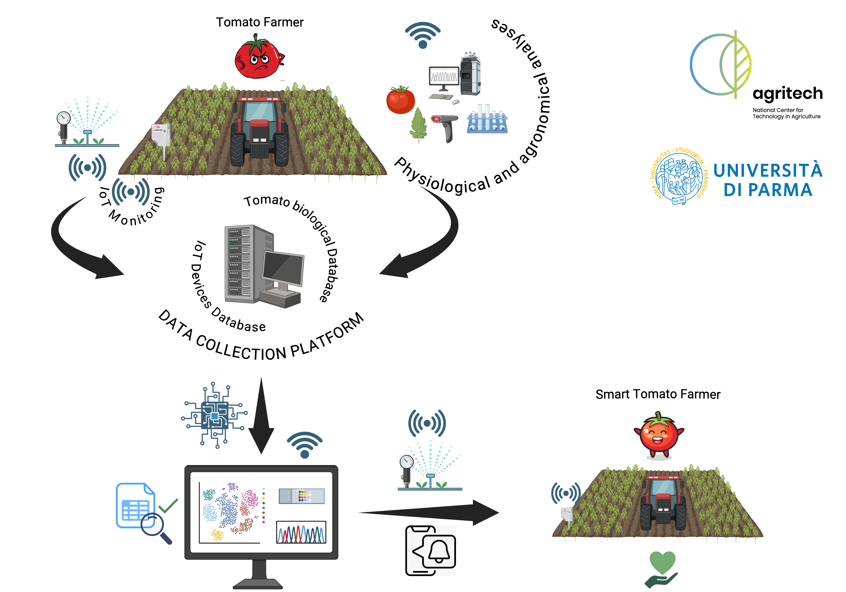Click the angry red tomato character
pos(259,56)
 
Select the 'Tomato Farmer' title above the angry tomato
pos(259,22)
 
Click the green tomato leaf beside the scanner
pos(418,125)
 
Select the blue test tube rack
pos(487,119)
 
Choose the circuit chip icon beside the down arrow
pos(214,416)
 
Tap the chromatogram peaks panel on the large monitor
pos(301,532)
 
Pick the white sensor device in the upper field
pos(161,137)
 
